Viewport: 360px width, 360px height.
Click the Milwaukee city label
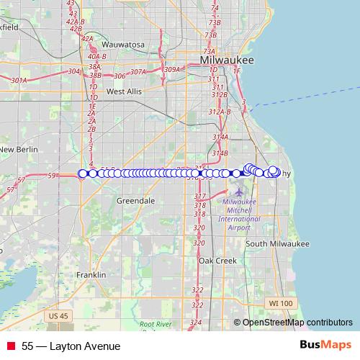tap(228, 61)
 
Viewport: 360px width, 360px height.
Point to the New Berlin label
tap(17, 149)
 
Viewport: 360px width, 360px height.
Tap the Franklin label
tap(91, 275)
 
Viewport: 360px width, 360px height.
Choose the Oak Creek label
tap(217, 260)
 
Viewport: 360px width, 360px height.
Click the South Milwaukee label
tap(276, 244)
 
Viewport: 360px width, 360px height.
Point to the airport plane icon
tap(239, 192)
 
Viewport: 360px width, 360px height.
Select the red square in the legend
tap(12, 346)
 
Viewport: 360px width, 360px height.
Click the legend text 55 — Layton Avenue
tap(71, 346)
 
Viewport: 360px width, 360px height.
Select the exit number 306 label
tap(120, 76)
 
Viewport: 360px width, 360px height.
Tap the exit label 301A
tap(19, 80)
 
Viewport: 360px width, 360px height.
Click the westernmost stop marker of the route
tap(83, 174)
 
